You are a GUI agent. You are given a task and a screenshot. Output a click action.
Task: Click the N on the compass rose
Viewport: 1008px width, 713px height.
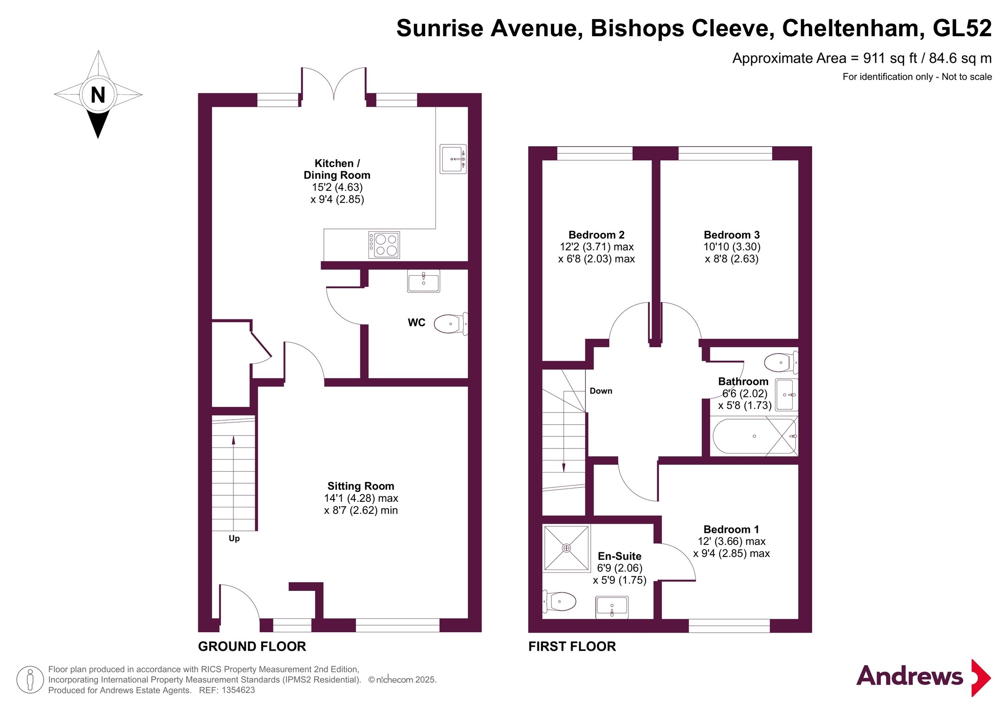coord(98,95)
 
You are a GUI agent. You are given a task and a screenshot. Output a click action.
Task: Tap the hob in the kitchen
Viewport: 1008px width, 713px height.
coord(384,245)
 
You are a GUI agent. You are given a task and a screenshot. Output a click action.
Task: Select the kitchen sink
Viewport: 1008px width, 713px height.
coord(453,159)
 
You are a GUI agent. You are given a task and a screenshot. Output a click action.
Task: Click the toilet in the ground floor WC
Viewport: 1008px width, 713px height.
coord(451,324)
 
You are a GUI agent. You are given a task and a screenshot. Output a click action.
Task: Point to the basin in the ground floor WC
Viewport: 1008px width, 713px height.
coord(424,281)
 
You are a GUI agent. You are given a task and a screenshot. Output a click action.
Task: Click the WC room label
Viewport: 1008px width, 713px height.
coord(416,323)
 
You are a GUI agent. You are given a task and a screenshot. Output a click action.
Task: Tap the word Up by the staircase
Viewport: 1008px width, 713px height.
coord(234,538)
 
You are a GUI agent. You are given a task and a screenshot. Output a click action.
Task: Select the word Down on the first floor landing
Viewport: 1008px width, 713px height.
coord(601,391)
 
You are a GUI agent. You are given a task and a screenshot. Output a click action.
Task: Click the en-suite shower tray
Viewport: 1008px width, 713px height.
coord(566,548)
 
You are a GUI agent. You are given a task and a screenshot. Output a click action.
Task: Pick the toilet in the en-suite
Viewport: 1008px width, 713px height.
coord(560,602)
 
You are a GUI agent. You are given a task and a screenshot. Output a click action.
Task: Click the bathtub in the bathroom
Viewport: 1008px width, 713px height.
coord(755,436)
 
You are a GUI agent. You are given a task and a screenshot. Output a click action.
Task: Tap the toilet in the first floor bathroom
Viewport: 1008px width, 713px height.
coord(781,363)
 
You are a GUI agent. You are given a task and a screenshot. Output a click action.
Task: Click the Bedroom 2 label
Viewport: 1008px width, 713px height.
coord(596,235)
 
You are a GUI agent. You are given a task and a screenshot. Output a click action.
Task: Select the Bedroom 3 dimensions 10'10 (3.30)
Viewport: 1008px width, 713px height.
coord(732,247)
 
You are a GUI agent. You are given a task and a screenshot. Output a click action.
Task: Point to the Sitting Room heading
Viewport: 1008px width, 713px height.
coord(361,486)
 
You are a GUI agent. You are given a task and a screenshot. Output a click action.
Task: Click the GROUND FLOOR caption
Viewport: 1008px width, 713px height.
coord(252,646)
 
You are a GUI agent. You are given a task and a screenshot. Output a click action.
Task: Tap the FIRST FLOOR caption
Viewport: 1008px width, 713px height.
coord(572,646)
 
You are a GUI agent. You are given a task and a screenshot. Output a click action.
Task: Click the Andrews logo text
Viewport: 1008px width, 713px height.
coord(910,676)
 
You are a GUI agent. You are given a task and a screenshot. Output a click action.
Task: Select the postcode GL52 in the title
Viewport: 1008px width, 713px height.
coord(962,28)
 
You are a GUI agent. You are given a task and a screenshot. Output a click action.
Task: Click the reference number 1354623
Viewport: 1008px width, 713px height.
coord(238,690)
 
